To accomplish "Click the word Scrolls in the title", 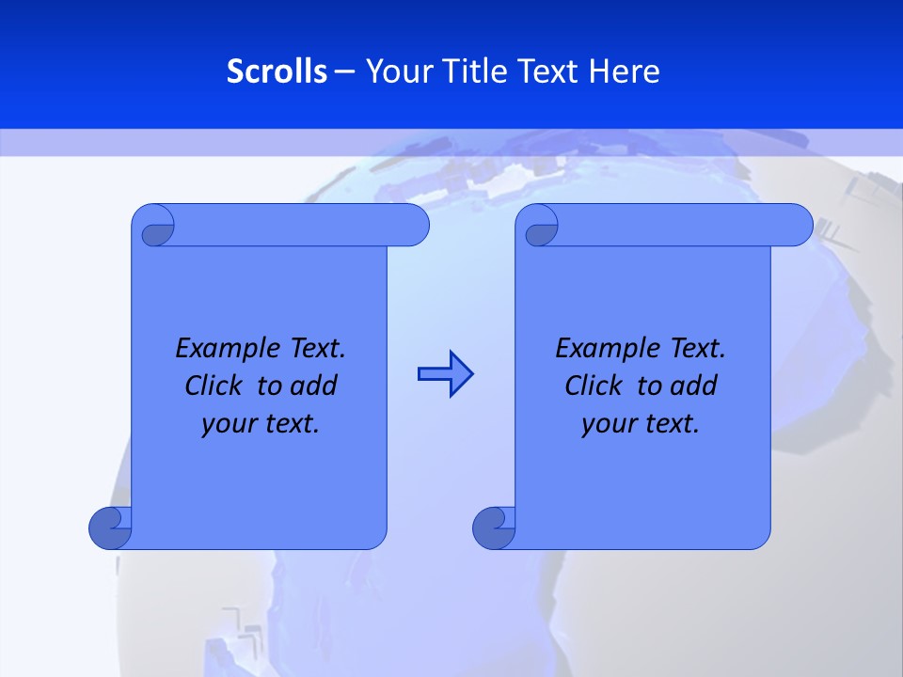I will (x=277, y=71).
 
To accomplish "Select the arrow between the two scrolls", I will (x=445, y=374).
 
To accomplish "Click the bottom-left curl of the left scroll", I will (x=110, y=527).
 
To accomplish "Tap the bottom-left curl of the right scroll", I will (x=494, y=527).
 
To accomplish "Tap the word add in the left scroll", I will (x=313, y=386).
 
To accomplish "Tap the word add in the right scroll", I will (x=693, y=386).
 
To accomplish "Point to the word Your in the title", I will (x=396, y=71).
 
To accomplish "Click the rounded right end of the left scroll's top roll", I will (x=414, y=226).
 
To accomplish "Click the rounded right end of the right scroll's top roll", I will (x=798, y=226).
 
